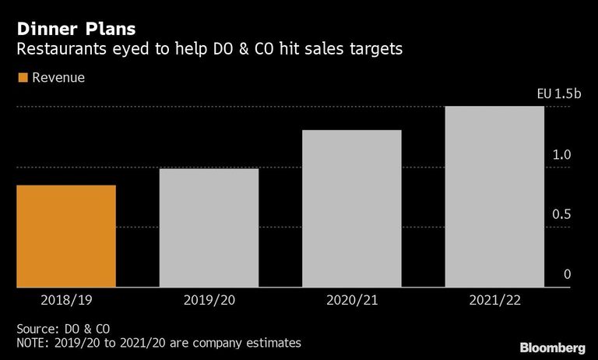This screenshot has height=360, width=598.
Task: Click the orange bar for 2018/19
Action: click(66, 236)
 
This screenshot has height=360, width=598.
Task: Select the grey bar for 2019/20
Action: click(209, 228)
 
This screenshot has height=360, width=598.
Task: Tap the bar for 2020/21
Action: click(352, 208)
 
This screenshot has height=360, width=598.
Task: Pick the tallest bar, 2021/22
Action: click(494, 196)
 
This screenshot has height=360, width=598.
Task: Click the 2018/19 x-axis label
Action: click(66, 300)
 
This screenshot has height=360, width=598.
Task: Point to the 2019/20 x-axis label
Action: click(209, 300)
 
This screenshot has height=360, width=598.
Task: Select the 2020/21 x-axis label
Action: click(352, 300)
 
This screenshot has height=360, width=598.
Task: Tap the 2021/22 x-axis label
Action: click(494, 300)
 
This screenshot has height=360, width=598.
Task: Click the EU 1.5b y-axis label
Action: click(559, 94)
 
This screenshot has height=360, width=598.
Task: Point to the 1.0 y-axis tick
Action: click(561, 154)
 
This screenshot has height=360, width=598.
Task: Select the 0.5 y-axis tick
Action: click(561, 214)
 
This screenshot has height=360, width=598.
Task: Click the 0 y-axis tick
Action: click(568, 274)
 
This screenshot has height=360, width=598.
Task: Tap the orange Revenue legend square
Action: click(23, 77)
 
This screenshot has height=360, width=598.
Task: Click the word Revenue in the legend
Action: click(58, 77)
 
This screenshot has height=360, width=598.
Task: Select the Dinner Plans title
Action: click(76, 29)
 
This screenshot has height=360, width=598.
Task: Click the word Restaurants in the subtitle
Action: click(62, 49)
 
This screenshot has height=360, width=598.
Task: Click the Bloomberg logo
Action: click(553, 348)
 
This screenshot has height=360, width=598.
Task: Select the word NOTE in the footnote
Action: click(32, 343)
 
